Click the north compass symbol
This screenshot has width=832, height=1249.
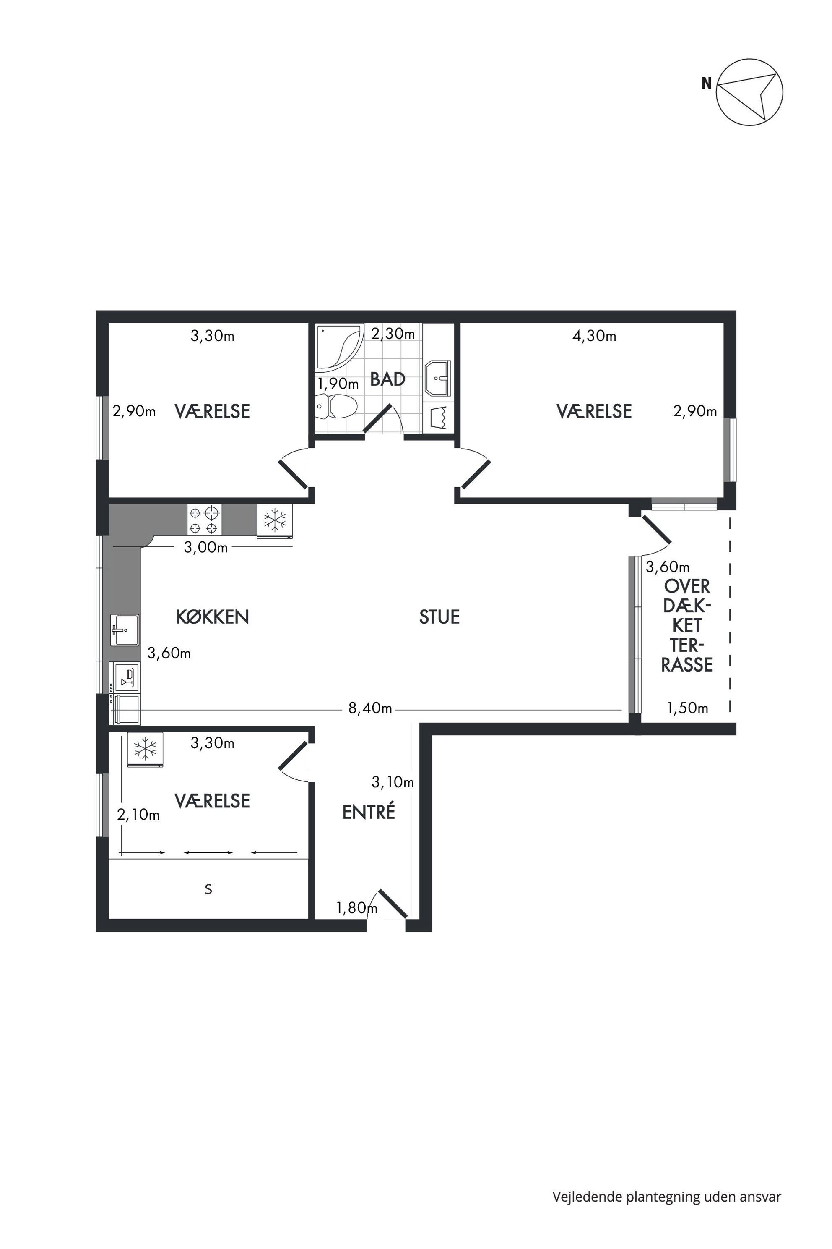tap(749, 92)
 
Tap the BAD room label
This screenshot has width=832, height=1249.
tap(388, 379)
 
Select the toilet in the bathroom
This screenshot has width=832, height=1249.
tap(336, 407)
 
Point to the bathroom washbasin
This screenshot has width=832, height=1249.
tap(437, 378)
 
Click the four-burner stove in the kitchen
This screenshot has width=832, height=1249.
tap(204, 519)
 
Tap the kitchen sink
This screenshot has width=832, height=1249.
tap(125, 630)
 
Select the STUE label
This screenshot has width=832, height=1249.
tap(439, 617)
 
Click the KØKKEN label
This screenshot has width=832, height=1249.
tap(212, 617)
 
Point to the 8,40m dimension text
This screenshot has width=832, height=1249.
tap(370, 708)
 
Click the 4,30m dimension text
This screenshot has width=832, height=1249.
tap(594, 336)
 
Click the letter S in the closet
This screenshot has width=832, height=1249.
tap(208, 889)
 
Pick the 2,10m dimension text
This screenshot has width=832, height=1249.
tap(138, 814)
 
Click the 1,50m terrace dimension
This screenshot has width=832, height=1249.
tap(688, 708)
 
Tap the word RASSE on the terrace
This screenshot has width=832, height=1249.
tap(687, 665)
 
